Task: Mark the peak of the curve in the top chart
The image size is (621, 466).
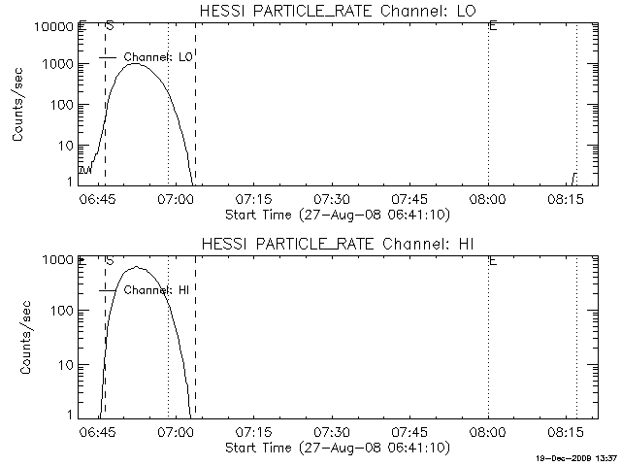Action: click(x=136, y=63)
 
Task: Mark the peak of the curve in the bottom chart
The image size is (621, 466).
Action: click(x=137, y=267)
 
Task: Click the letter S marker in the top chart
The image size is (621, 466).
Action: click(x=110, y=25)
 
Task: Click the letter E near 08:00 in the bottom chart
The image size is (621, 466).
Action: click(x=493, y=260)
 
